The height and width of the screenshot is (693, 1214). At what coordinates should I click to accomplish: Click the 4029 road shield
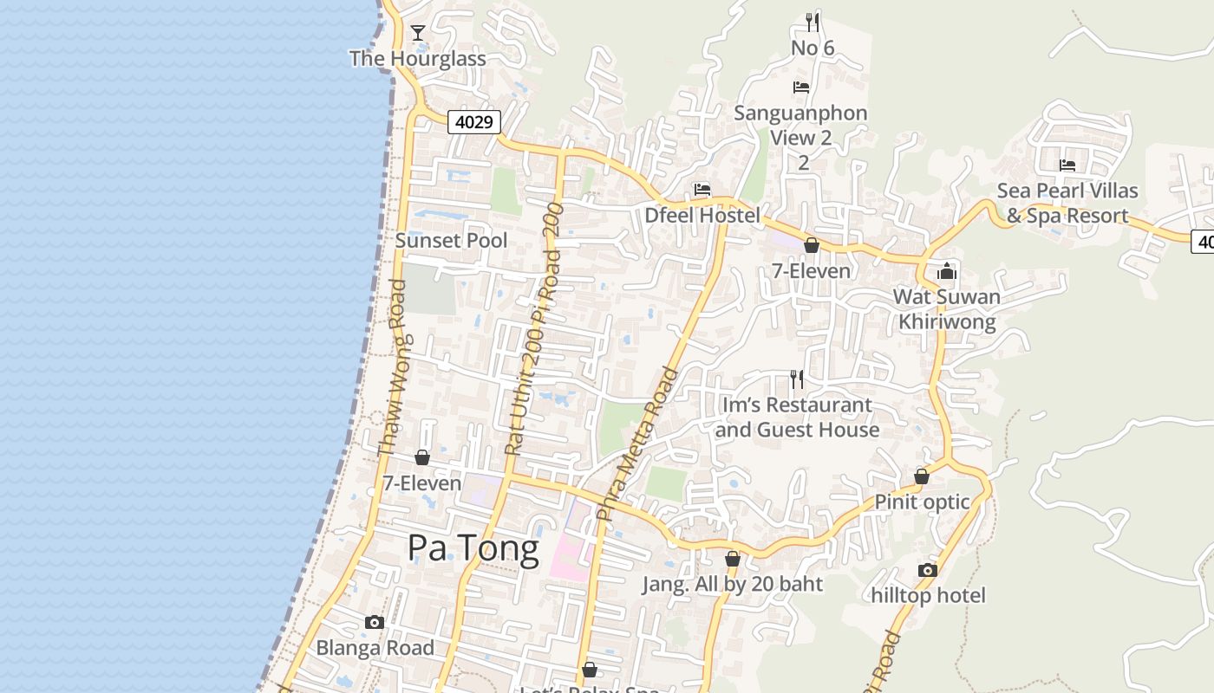click(474, 122)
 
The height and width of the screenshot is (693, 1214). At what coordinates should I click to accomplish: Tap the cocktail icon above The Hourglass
click(418, 34)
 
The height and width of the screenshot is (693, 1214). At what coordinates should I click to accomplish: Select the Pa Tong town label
click(473, 548)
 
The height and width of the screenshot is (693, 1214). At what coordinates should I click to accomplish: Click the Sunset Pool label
click(451, 241)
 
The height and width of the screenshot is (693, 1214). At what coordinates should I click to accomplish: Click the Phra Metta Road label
click(638, 443)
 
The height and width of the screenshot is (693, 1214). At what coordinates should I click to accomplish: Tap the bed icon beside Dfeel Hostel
click(702, 190)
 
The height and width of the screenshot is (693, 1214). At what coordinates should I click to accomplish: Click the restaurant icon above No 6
click(813, 22)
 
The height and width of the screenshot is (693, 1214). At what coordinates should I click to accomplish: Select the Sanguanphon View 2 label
click(800, 126)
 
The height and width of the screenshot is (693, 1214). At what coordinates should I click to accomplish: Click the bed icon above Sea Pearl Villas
click(1067, 165)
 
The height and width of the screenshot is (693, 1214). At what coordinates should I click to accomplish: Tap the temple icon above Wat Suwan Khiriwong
click(946, 272)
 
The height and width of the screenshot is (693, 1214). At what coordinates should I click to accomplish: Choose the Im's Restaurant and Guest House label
click(796, 418)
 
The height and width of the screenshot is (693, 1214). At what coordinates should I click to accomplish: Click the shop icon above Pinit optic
click(922, 476)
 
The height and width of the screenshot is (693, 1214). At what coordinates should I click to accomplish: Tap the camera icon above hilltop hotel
click(928, 570)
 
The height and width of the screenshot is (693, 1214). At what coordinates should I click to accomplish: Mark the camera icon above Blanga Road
click(375, 623)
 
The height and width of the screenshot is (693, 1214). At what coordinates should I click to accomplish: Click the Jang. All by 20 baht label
click(732, 585)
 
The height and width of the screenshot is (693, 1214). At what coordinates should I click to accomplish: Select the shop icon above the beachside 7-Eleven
click(422, 457)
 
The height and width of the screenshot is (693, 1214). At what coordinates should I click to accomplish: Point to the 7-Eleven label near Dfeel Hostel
click(812, 271)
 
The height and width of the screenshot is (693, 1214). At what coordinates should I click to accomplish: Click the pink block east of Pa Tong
click(568, 554)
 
